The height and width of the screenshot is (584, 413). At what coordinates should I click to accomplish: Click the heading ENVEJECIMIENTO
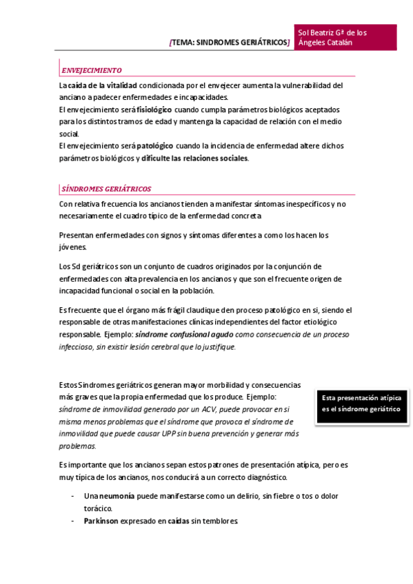[92, 70]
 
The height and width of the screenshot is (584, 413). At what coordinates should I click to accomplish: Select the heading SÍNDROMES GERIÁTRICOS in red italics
[106, 189]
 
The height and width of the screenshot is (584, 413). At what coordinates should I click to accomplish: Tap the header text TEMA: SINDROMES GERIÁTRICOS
[230, 43]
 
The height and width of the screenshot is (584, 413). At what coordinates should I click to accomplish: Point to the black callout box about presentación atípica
[361, 404]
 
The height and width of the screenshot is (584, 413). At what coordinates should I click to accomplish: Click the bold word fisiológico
[154, 109]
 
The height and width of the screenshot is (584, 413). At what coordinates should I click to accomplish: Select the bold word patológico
[155, 146]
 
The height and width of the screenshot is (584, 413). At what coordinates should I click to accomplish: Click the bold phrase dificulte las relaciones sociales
[194, 158]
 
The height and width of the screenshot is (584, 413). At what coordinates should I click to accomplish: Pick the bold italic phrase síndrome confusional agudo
[184, 335]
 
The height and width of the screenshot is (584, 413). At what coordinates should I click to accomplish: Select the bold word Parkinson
[101, 521]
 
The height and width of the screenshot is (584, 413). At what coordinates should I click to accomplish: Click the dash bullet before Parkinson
[73, 521]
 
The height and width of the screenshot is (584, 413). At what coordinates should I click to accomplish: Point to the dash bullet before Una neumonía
[73, 496]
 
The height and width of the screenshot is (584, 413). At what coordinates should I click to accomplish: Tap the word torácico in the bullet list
[98, 508]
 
